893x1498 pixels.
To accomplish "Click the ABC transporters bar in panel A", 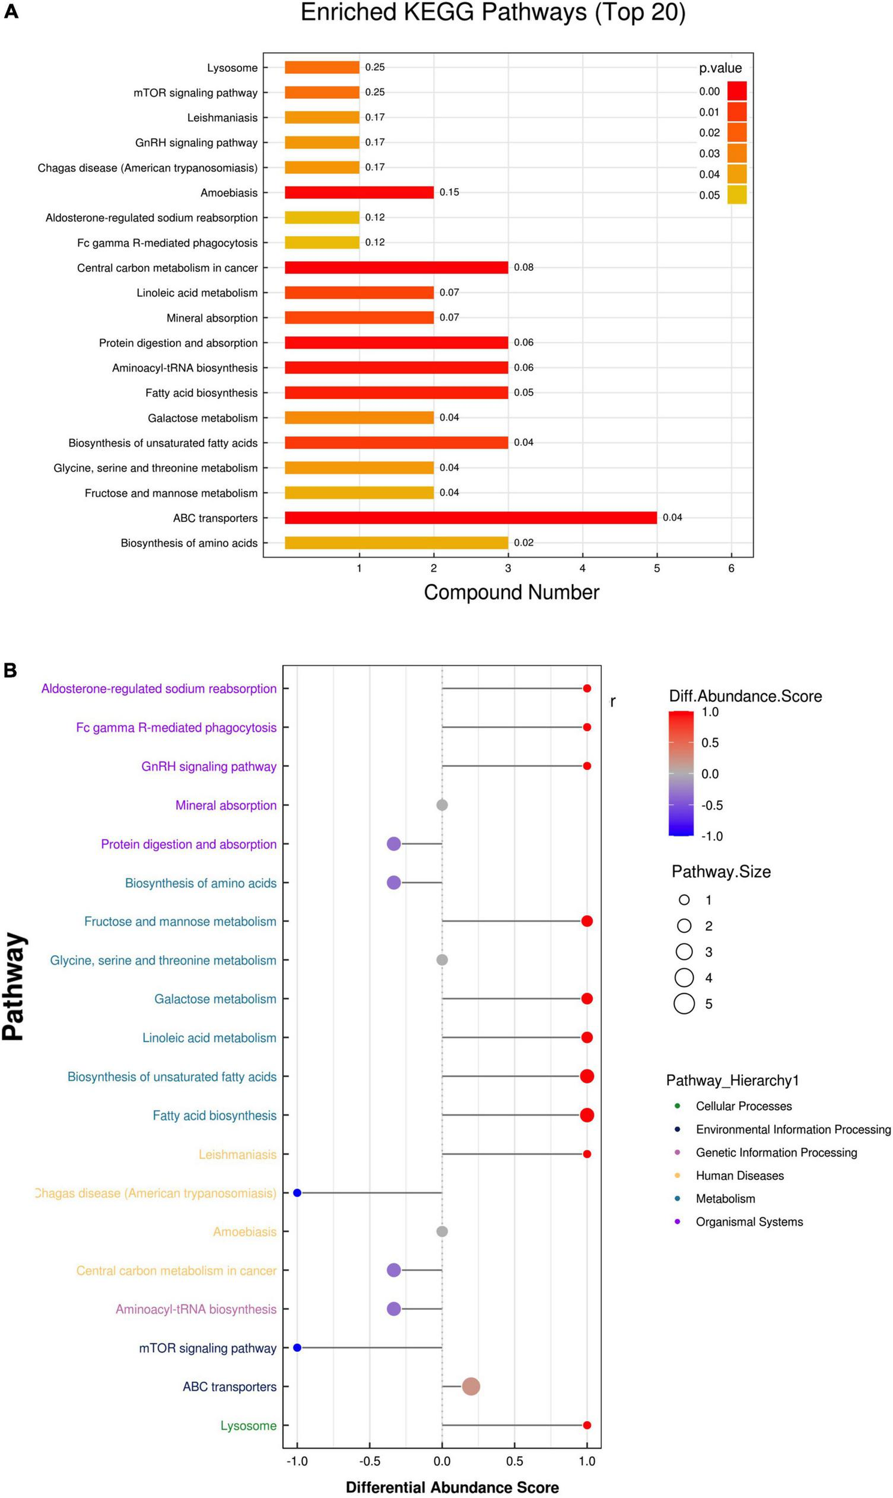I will pyautogui.click(x=471, y=518).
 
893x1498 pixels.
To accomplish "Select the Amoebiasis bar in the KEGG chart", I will pyautogui.click(x=359, y=192).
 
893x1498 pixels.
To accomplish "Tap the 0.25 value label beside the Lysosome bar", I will pyautogui.click(x=375, y=67).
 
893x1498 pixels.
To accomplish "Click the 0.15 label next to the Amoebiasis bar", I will pyautogui.click(x=449, y=192).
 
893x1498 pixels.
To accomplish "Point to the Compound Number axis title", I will pyautogui.click(x=511, y=592).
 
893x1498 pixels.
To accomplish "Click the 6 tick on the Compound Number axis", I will pyautogui.click(x=731, y=569).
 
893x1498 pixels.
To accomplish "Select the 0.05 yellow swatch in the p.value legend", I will pyautogui.click(x=737, y=195).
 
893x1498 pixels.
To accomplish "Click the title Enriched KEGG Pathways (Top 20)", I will pyautogui.click(x=493, y=13).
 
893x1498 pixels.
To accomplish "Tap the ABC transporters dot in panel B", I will pyautogui.click(x=471, y=1387).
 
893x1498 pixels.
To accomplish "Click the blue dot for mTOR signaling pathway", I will pyautogui.click(x=296, y=1348).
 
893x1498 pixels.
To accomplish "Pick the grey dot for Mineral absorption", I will pyautogui.click(x=441, y=805).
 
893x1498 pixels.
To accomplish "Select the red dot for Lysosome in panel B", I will pyautogui.click(x=587, y=1425).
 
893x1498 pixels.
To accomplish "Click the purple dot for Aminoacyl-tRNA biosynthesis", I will pyautogui.click(x=393, y=1309).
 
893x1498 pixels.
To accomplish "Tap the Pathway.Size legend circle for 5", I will pyautogui.click(x=684, y=1004).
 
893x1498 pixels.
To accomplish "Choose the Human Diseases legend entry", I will pyautogui.click(x=740, y=1176).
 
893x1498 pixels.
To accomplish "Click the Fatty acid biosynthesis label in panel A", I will pyautogui.click(x=201, y=393).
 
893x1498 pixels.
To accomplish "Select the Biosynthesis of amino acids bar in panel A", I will pyautogui.click(x=396, y=543).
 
